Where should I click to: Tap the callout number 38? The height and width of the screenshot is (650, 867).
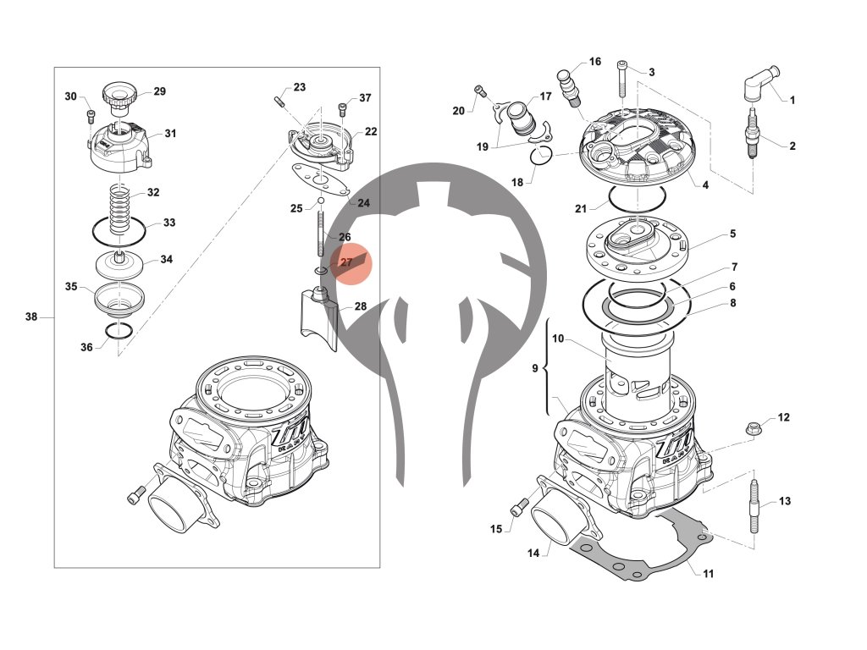31,317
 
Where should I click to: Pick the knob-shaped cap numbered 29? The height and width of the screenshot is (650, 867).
118,95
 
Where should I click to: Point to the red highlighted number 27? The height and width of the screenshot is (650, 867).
346,263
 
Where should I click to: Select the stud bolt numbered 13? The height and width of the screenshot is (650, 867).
753,506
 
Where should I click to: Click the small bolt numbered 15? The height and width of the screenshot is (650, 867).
517,508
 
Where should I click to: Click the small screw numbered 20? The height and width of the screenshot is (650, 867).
480,91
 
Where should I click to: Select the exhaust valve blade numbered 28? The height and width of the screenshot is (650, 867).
320,317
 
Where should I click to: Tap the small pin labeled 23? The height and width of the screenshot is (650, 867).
278,102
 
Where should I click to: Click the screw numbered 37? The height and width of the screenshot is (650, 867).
342,108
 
